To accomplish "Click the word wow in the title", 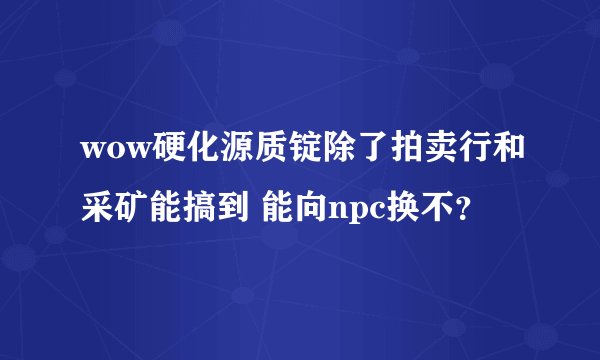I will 106,152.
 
